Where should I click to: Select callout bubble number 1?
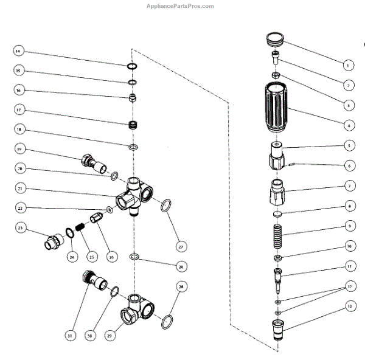[349, 64]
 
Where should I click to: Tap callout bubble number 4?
[349, 126]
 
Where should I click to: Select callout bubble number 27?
[180, 247]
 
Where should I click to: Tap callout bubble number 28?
[180, 286]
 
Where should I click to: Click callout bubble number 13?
[349, 307]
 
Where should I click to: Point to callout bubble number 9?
[349, 226]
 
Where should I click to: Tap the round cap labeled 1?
[276, 38]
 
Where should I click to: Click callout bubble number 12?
[349, 286]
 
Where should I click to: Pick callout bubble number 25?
[91, 257]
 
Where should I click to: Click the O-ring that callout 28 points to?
[166, 322]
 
